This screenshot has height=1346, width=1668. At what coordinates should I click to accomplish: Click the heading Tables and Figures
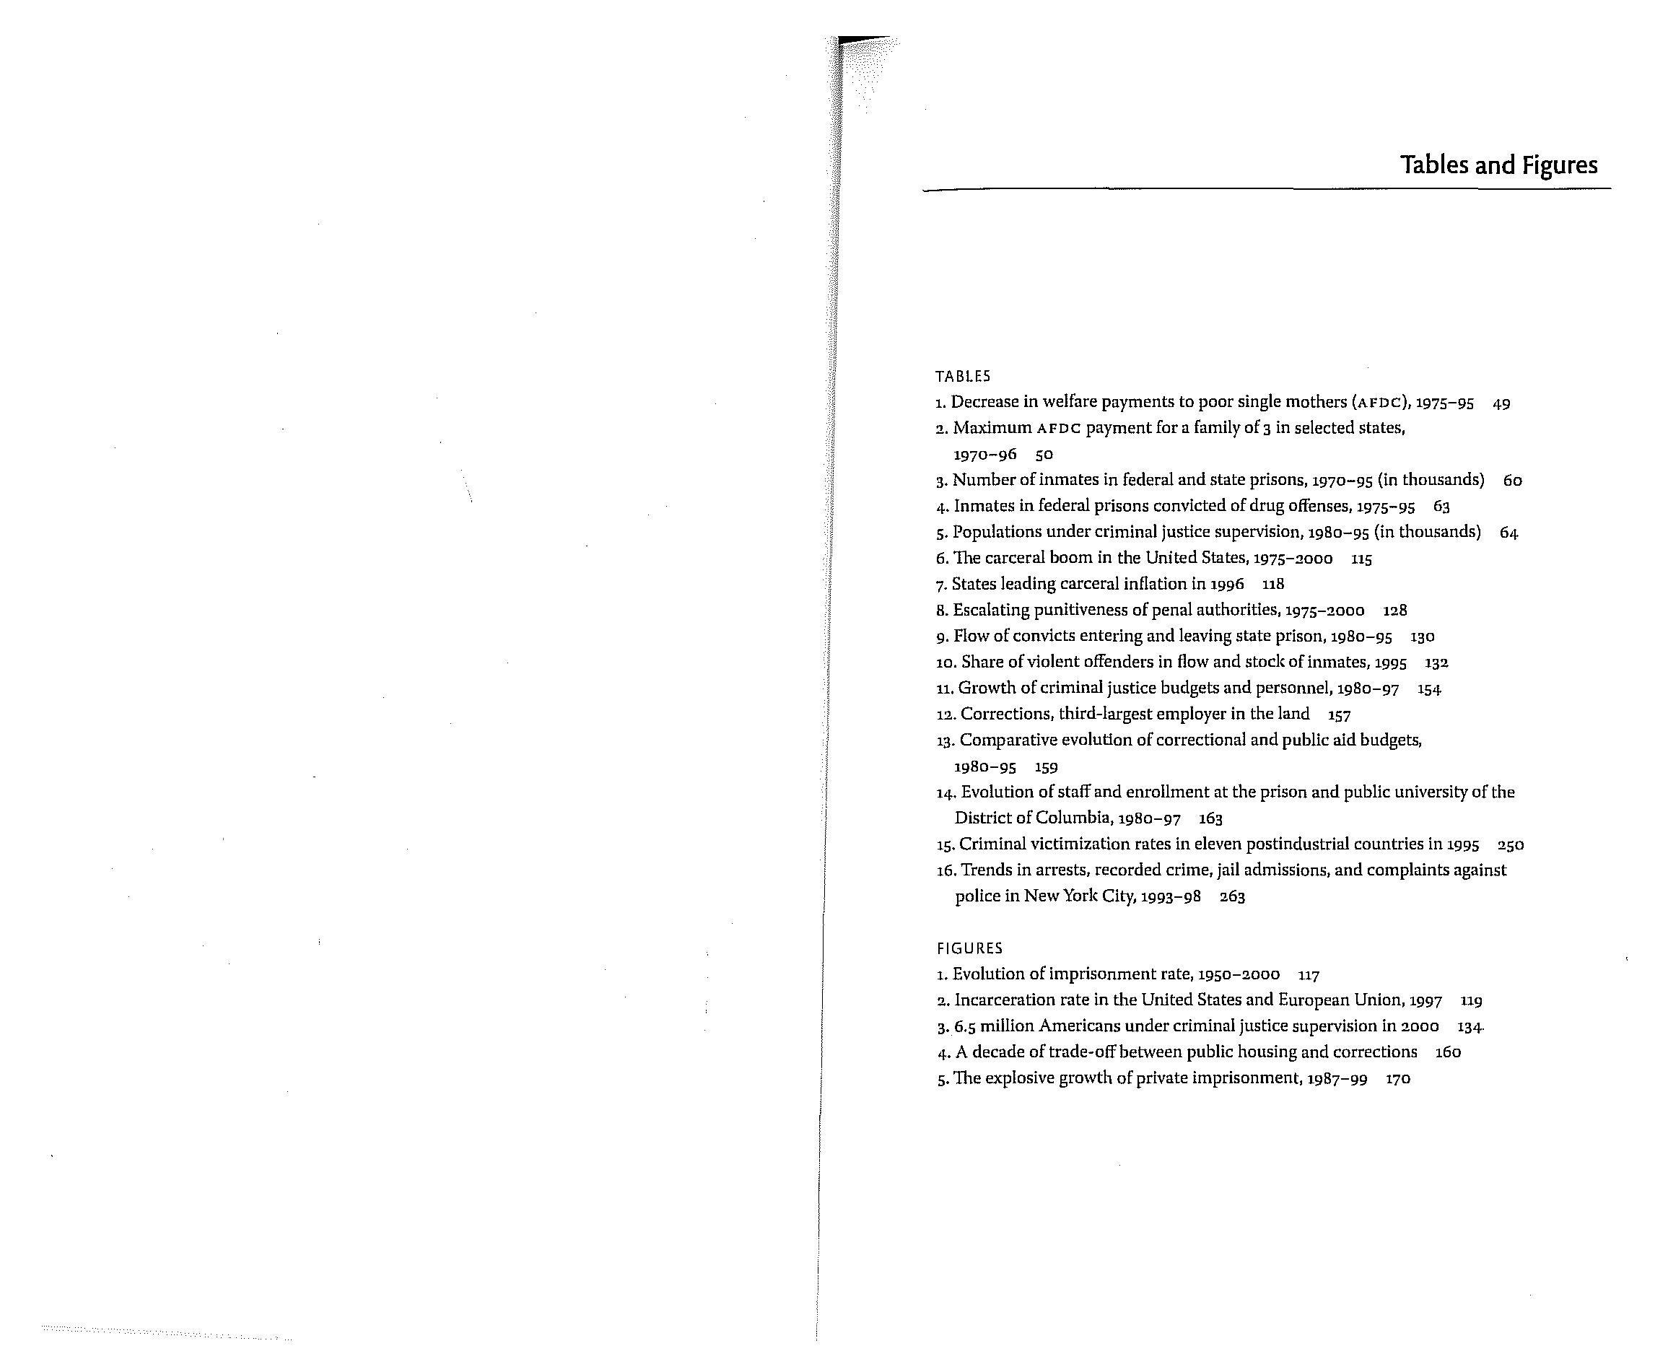[1498, 165]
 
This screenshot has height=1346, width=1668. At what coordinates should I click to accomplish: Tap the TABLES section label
[962, 377]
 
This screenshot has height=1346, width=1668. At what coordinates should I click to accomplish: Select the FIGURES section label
[969, 948]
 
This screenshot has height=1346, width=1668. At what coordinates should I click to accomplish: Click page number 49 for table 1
[1501, 404]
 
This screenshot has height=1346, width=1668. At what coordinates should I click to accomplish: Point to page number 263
[1232, 897]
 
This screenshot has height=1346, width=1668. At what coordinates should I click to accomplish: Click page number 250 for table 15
[1511, 845]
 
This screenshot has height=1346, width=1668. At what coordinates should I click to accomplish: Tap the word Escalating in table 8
[990, 610]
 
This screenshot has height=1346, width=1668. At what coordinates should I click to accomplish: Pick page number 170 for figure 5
[1398, 1079]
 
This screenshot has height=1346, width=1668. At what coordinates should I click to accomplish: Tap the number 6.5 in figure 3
[965, 1026]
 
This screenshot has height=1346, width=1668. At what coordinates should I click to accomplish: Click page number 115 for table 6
[1362, 559]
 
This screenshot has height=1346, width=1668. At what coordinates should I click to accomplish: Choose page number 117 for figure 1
[1309, 974]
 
